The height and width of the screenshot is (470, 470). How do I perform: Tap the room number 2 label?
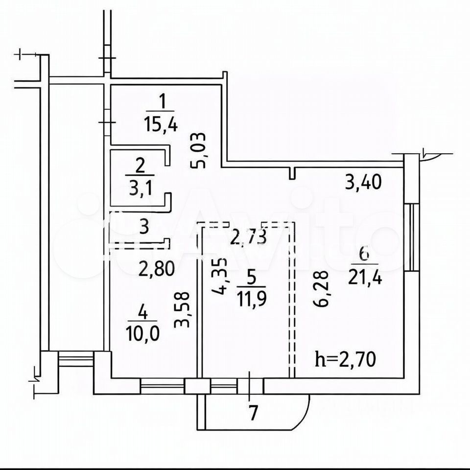pyautogui.click(x=140, y=166)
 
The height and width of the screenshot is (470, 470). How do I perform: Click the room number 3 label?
pyautogui.click(x=144, y=227)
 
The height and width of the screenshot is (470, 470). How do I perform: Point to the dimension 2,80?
pyautogui.click(x=157, y=269)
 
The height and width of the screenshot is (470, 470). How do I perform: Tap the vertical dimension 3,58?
pyautogui.click(x=182, y=309)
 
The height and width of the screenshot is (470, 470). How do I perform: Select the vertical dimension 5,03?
pyautogui.click(x=198, y=150)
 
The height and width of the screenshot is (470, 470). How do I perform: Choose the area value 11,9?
pyautogui.click(x=252, y=299)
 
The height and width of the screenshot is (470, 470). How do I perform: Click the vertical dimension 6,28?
pyautogui.click(x=320, y=289)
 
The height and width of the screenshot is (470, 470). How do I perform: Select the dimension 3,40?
pyautogui.click(x=363, y=183)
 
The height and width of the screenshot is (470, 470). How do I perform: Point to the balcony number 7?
pyautogui.click(x=254, y=413)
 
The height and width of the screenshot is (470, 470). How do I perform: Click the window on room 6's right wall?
pyautogui.click(x=411, y=237)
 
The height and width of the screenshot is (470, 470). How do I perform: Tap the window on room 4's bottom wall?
pyautogui.click(x=162, y=386)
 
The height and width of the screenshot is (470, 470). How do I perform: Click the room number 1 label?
pyautogui.click(x=162, y=101)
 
